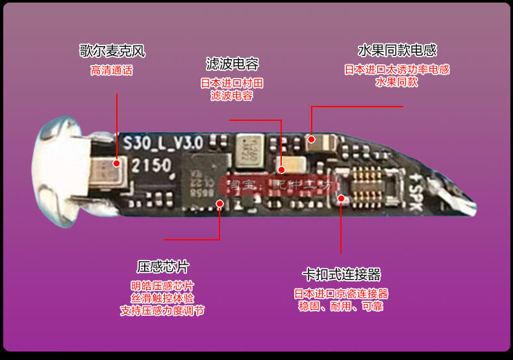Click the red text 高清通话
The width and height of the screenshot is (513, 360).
(112, 71)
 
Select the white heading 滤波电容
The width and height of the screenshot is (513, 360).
(232, 64)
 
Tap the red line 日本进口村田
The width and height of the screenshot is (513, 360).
(232, 83)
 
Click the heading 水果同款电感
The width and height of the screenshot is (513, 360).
(397, 51)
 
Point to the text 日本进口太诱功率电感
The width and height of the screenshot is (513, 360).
(397, 70)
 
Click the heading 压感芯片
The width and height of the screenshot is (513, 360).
(163, 266)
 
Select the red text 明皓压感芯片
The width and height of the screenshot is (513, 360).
(162, 286)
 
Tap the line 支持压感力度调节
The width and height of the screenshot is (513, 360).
(162, 311)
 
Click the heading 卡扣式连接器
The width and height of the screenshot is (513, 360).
(341, 274)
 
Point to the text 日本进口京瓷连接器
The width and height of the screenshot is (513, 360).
(341, 294)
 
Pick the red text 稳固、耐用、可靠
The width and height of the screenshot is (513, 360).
(341, 306)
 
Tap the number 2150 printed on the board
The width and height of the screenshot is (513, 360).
(151, 165)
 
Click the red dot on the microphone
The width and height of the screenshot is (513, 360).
(117, 163)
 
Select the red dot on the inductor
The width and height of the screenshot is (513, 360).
(312, 138)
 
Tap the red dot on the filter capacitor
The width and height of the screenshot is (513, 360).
(281, 170)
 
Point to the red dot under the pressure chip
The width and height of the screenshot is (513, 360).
(219, 203)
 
